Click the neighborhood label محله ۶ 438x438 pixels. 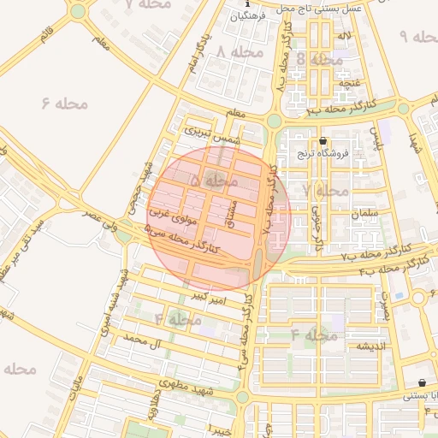coord(65,104)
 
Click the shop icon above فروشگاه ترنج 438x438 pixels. coord(323,141)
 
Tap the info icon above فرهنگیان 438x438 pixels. coord(240,5)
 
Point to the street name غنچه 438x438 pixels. coord(349,82)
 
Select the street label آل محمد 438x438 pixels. coord(143,340)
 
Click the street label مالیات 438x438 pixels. coord(76,388)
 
